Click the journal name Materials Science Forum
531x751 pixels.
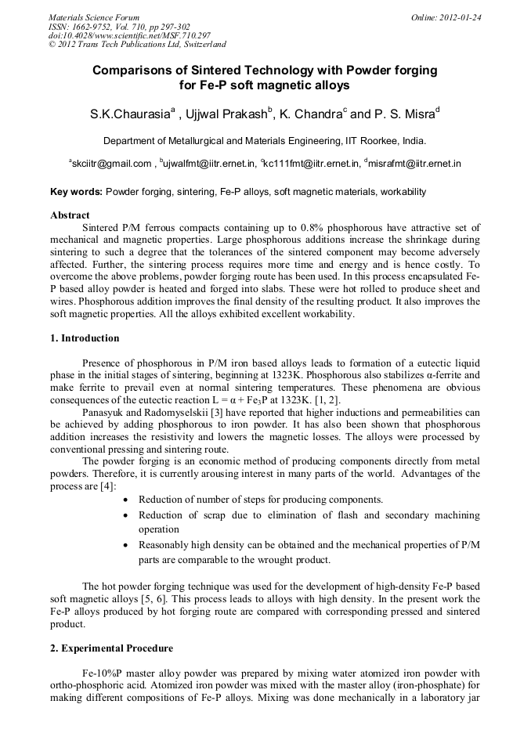point(94,16)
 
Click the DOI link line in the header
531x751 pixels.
point(129,35)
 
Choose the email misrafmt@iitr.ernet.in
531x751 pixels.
point(415,164)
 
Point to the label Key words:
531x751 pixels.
point(76,191)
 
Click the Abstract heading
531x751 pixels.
point(70,215)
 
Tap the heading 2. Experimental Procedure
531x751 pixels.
point(111,648)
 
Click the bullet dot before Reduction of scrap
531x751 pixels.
point(127,515)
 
